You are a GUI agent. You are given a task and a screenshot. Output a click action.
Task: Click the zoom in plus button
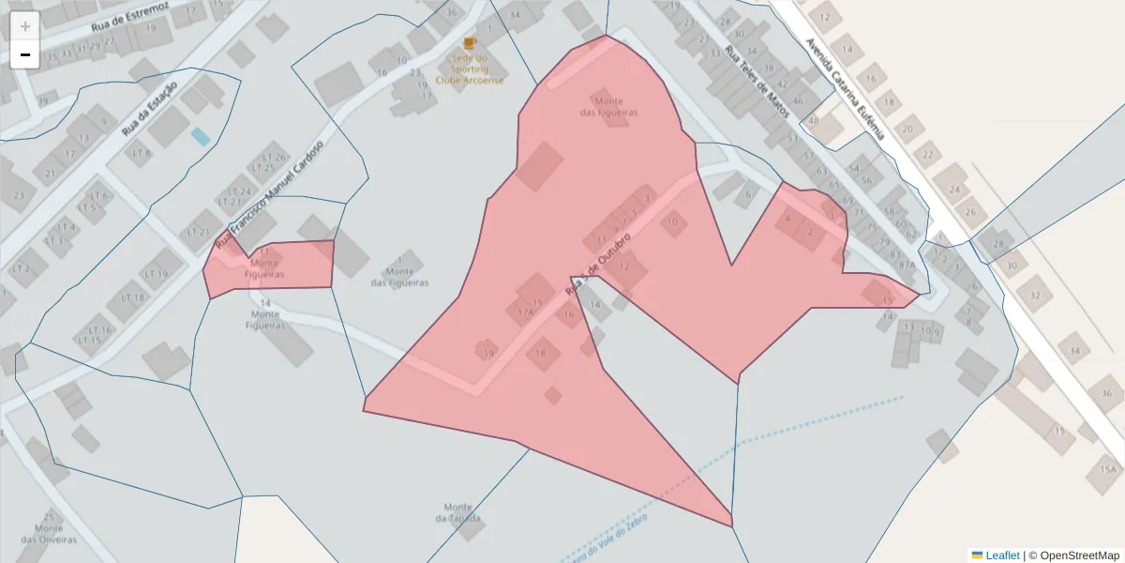coord(25,26)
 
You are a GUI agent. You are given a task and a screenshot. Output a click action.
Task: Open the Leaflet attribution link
coord(1001,555)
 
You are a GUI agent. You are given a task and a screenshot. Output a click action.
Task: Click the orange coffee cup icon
coord(470,43)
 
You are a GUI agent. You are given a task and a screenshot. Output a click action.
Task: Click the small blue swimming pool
coord(201,137)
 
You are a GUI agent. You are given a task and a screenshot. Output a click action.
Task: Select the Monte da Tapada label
coord(458,512)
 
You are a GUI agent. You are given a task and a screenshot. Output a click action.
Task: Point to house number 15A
coord(1109,470)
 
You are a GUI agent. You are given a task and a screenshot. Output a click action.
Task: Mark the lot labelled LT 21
coord(198,232)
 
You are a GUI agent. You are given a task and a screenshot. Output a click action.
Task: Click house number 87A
coord(906,266)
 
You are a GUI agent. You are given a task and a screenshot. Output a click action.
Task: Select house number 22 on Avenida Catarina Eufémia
coord(928,154)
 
